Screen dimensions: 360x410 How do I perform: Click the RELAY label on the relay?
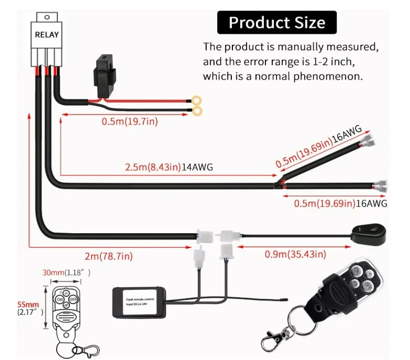coord(46,35)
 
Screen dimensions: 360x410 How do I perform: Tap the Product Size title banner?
coord(277,23)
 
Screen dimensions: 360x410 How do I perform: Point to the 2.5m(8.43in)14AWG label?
coord(168,167)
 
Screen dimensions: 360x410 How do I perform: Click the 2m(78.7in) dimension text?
coord(109,256)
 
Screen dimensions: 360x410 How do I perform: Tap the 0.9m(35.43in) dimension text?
coord(295,255)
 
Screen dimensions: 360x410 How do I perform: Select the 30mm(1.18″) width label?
coord(67,273)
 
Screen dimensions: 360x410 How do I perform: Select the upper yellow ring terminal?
coord(197,101)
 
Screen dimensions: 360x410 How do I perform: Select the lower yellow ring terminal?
coord(197,113)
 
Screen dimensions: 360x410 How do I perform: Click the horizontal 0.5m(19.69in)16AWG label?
coord(341,203)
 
